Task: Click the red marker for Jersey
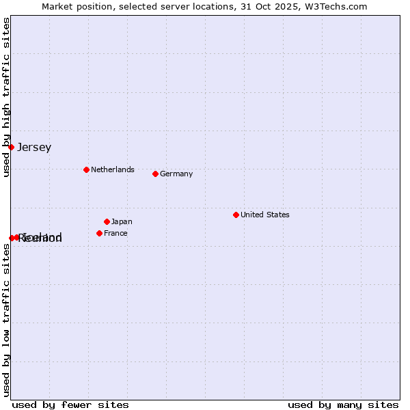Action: tap(11, 147)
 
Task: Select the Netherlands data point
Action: tap(86, 169)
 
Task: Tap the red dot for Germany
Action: tap(155, 174)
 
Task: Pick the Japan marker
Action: tap(107, 221)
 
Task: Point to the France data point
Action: tap(99, 233)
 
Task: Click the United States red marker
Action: tap(236, 215)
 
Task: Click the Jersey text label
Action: tap(34, 147)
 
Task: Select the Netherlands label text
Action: tap(113, 169)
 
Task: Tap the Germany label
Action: tap(176, 174)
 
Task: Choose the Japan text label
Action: tap(122, 221)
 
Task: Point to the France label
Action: tap(115, 233)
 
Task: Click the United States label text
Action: tap(265, 215)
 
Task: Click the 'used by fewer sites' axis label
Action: tap(70, 405)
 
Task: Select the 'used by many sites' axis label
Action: tap(343, 405)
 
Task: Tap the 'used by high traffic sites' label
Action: tap(6, 97)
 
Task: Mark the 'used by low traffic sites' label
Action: tap(6, 320)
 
